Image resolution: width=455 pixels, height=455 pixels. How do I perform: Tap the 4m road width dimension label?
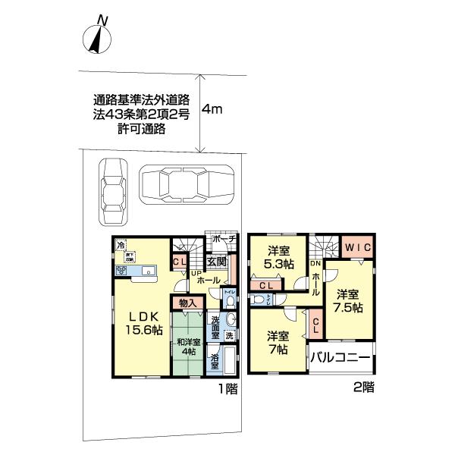212,109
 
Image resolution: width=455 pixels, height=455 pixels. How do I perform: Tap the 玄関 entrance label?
217,262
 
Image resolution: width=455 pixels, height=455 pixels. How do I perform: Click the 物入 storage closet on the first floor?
187,303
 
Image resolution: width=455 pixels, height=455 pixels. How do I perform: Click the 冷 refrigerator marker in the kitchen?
120,245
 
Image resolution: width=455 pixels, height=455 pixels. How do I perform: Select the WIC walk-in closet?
354,247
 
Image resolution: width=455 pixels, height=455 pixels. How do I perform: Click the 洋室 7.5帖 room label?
349,301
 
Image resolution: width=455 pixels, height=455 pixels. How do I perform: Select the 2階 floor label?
363,385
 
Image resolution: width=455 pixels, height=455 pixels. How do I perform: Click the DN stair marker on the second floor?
315,262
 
